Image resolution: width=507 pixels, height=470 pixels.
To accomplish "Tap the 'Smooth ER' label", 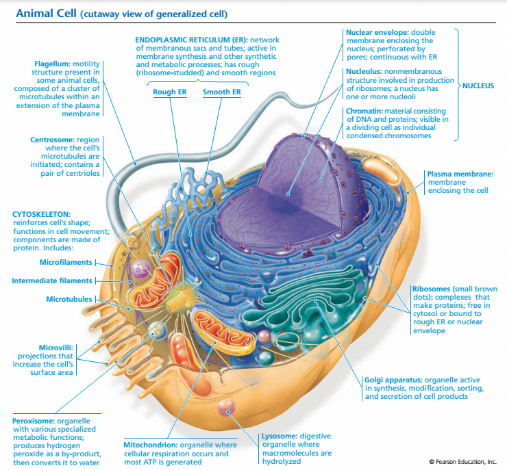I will click(x=221, y=92).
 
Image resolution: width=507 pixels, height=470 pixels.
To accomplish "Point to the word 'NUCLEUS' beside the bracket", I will click(x=478, y=86).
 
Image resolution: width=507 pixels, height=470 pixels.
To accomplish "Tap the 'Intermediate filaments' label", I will click(x=52, y=280).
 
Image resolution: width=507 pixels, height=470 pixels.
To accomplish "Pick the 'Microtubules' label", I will click(x=70, y=299).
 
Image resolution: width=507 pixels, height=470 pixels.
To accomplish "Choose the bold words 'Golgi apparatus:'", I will click(x=393, y=379).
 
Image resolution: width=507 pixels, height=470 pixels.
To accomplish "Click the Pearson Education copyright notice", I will click(x=462, y=462).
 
